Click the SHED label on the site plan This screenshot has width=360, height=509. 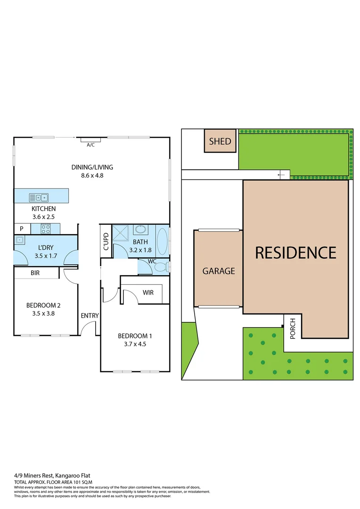coord(220,141)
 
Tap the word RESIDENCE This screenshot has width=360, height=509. coord(295,253)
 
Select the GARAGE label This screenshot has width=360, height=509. coord(218,271)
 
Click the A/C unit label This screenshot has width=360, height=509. coord(91,145)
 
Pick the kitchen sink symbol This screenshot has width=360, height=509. coord(39,197)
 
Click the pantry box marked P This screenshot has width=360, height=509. coord(22,229)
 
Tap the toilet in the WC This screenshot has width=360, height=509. coord(160,267)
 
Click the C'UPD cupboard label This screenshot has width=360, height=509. coord(106,241)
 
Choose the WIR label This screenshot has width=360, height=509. coord(148,293)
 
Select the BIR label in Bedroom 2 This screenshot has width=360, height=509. coord(35,273)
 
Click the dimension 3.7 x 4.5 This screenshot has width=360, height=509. coord(135,344)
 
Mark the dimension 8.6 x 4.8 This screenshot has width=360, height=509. coord(92,175)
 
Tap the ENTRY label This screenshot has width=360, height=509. coord(89,315)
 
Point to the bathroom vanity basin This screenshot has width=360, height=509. coord(140,230)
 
